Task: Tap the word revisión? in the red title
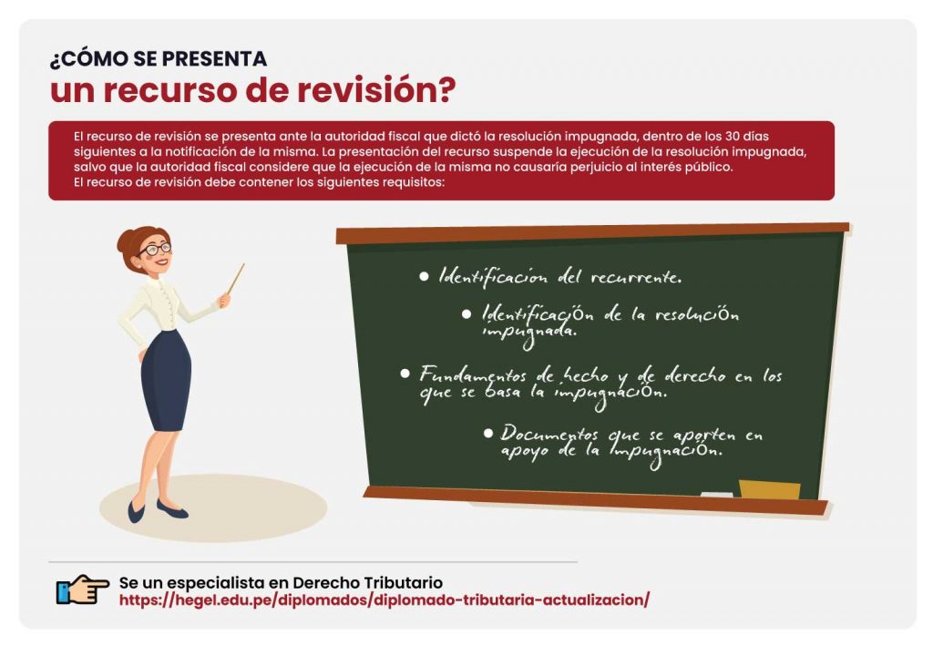point(376,90)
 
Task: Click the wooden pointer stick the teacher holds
point(236,279)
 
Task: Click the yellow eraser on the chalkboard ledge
point(769,489)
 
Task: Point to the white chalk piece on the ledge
point(716,494)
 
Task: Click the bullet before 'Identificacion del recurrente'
point(424,276)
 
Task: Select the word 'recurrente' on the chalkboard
point(635,277)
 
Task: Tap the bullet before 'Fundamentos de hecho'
point(405,374)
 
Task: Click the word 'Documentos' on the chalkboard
point(549,434)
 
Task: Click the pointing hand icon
point(83,590)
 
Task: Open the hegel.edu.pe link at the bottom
point(384,600)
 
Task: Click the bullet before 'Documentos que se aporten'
point(488,433)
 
